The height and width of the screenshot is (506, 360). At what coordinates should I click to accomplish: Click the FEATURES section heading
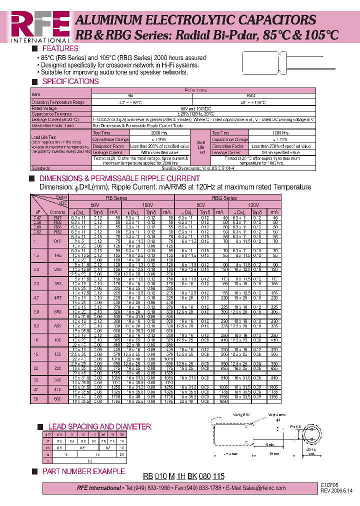coord(60,48)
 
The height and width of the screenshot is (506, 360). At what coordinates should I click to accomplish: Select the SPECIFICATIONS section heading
coord(70,81)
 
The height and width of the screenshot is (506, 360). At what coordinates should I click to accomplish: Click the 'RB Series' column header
coord(116,198)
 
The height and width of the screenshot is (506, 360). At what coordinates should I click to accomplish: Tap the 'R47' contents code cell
coord(58,218)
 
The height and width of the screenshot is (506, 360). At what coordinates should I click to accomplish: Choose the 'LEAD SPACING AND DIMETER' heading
coord(99,426)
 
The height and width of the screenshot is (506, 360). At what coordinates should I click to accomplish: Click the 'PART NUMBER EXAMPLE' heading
coord(83,471)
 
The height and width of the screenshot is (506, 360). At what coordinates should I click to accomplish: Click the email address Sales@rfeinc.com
coord(259,488)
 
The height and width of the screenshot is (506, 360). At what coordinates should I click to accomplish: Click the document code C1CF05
coord(329,485)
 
